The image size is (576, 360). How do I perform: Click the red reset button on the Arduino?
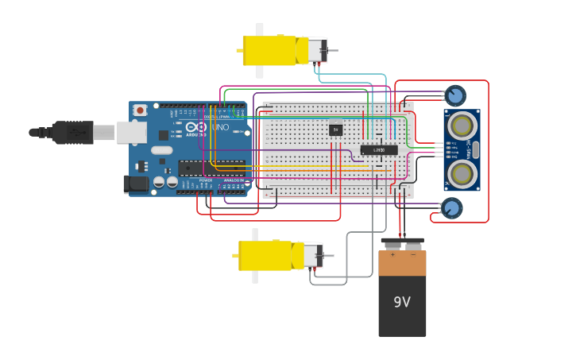[x=140, y=110]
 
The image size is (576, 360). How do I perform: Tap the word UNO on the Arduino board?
[x=220, y=127]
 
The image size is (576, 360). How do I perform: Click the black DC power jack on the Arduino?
[x=136, y=184]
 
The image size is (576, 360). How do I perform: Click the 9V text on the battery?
[x=402, y=302]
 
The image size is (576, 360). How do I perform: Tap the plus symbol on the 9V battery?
[x=392, y=255]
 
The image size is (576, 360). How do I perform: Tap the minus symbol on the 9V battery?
[x=412, y=255]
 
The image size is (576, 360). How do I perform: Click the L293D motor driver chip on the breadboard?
[x=379, y=149]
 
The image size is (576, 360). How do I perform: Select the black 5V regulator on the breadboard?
[x=336, y=129]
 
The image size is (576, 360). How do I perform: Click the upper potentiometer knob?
[x=455, y=96]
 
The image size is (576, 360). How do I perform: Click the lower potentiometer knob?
[x=451, y=208]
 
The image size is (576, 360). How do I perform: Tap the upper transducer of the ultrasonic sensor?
[x=462, y=126]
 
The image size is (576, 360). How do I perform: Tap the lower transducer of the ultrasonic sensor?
[x=462, y=172]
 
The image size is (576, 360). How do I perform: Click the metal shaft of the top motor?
[x=332, y=51]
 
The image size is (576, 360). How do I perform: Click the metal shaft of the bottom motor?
[x=328, y=256]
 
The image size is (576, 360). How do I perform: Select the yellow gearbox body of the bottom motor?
[x=265, y=255]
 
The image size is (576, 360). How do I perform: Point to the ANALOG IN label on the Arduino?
[x=233, y=180]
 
